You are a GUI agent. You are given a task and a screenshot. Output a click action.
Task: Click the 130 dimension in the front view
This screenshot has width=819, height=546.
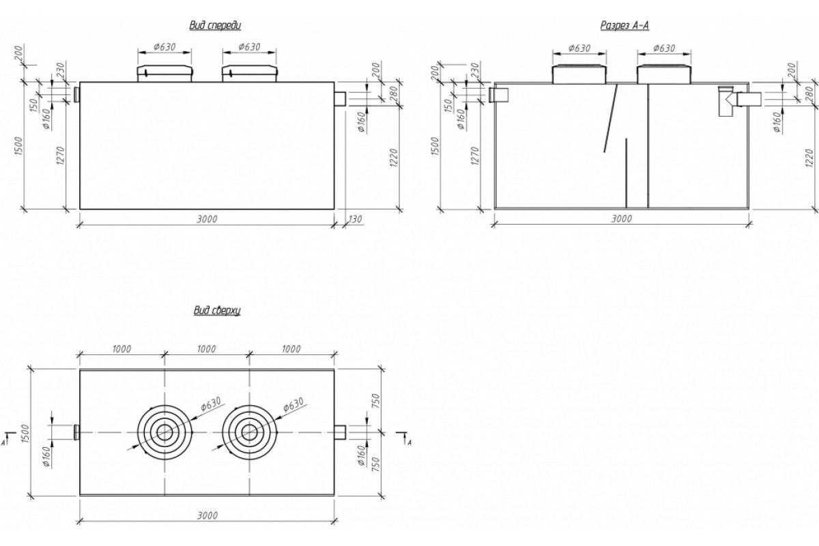coord(354,218)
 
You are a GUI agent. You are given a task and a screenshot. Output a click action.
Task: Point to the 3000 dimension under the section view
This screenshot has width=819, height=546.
coord(621,218)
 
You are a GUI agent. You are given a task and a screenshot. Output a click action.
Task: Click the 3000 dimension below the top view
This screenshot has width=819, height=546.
coord(206,517)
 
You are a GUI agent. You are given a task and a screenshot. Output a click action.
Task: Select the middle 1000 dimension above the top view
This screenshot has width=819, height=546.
coord(206,349)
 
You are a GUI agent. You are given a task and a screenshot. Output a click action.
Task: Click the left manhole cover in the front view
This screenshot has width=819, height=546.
coord(164,73)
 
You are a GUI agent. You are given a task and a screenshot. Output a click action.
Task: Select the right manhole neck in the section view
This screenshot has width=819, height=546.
coord(663,74)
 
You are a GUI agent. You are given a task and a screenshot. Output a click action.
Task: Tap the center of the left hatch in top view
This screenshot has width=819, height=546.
coord(164,432)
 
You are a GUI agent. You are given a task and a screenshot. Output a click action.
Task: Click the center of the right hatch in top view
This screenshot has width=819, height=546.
coord(249,432)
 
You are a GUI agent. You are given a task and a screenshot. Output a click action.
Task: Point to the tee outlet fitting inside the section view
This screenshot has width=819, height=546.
coord(726,101)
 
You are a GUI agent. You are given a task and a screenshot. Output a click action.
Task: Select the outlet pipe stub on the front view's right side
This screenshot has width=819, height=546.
coord(340,99)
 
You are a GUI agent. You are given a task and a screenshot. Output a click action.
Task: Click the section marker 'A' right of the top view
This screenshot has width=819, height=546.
coord(408,442)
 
